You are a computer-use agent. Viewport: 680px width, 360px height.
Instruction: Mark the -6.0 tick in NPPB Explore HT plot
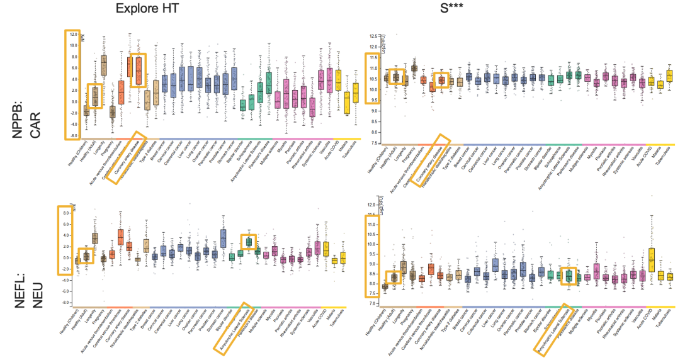(x=73, y=136)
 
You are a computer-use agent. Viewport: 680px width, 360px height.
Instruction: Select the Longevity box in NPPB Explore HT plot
(x=104, y=65)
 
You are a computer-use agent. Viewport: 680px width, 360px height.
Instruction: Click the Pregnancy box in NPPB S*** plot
(x=414, y=69)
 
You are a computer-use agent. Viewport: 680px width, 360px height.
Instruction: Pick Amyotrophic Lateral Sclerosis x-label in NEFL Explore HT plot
(x=234, y=330)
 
